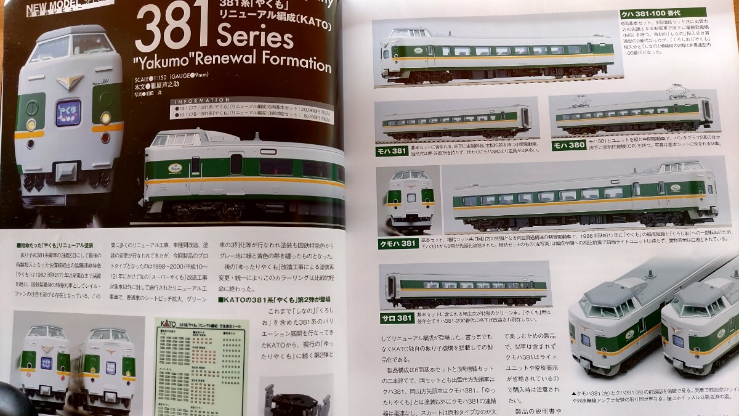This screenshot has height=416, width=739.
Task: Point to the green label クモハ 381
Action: [397, 243]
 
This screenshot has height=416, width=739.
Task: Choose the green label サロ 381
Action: [395, 318]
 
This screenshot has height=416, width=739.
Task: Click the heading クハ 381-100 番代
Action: [663, 12]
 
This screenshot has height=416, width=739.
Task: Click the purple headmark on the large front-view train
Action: [68, 113]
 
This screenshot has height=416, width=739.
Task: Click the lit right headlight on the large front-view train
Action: [105, 117]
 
